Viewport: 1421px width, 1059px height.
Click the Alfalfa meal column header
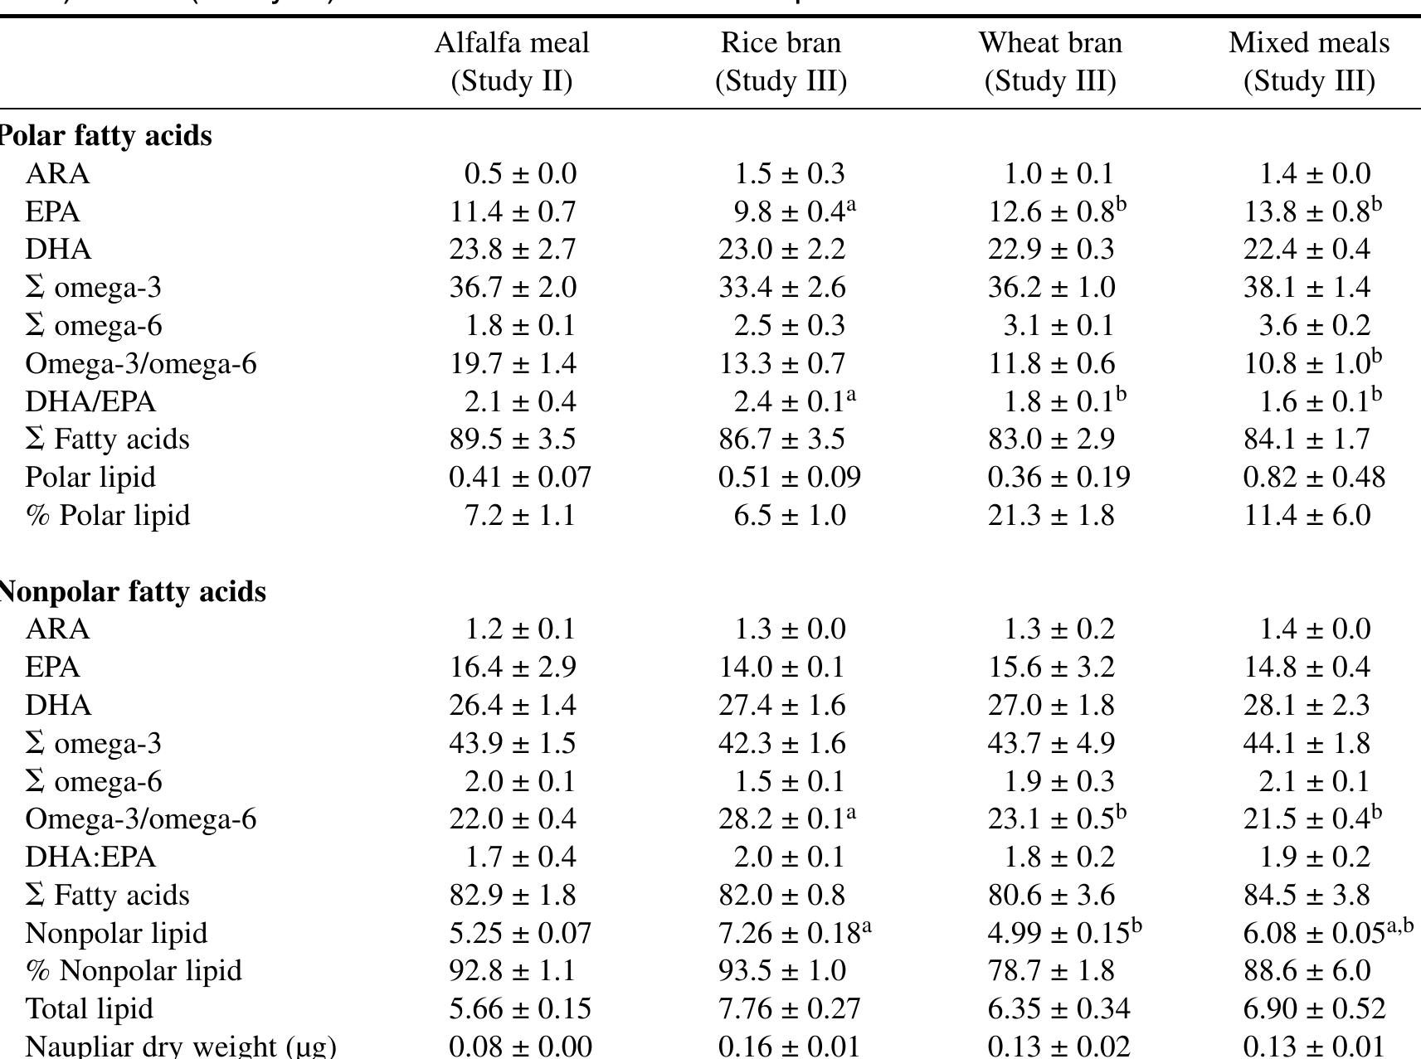click(512, 61)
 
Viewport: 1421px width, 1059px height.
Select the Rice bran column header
click(781, 61)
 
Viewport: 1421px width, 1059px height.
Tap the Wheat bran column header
click(1050, 61)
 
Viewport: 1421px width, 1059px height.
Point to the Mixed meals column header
click(1309, 61)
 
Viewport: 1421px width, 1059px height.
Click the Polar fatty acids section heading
click(105, 135)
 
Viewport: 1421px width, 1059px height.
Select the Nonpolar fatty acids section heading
click(132, 591)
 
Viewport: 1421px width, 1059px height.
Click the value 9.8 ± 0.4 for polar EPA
click(789, 211)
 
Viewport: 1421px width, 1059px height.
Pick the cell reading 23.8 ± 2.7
click(513, 250)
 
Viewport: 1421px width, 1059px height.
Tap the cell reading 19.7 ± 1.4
click(513, 363)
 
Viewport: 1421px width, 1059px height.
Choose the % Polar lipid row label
click(108, 515)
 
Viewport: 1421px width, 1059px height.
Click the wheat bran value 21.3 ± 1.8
click(1051, 515)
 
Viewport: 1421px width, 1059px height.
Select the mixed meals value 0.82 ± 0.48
click(1314, 477)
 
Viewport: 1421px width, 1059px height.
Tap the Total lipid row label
click(90, 1008)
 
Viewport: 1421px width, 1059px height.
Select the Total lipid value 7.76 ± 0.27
click(789, 1008)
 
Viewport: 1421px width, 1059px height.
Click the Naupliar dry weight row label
click(181, 1046)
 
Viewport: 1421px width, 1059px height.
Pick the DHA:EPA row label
click(90, 857)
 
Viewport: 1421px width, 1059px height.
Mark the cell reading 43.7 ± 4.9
click(1051, 743)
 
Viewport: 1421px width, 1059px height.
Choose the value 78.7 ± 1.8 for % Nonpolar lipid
click(1051, 970)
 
